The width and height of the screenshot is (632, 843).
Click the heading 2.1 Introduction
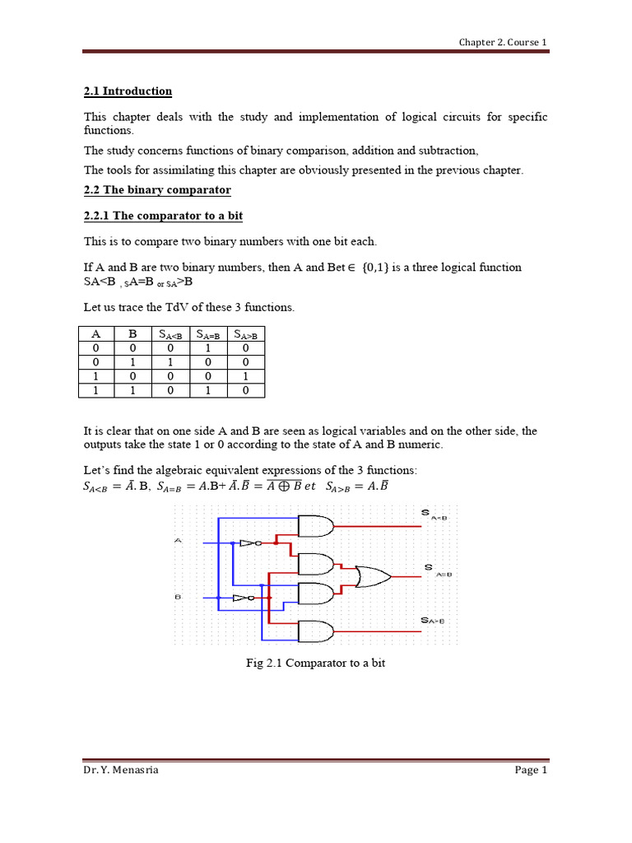tap(128, 91)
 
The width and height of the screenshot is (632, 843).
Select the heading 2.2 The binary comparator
tap(157, 190)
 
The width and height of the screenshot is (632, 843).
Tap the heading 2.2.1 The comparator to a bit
tap(163, 216)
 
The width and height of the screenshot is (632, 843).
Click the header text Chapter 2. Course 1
tap(502, 42)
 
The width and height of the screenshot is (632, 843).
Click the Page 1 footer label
tap(530, 771)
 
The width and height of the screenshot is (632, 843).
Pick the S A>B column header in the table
tap(245, 334)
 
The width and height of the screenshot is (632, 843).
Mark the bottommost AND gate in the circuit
tap(316, 631)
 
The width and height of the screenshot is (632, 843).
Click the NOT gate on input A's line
tap(248, 543)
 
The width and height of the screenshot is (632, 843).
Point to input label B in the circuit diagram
tap(178, 596)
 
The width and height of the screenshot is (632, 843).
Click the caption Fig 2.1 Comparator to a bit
tap(315, 663)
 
